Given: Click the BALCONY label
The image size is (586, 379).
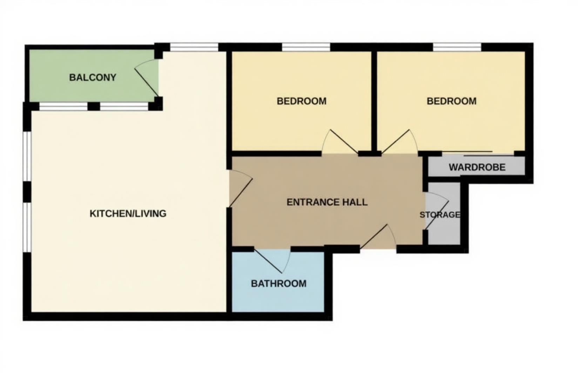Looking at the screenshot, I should (93, 78).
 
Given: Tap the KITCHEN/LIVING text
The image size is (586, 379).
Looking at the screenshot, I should (128, 213).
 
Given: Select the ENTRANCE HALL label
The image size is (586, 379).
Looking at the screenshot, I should (327, 202).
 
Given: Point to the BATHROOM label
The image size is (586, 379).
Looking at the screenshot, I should (278, 284).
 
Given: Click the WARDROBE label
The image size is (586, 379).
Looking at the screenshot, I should (477, 167).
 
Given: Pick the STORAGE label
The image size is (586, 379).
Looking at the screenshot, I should (440, 214).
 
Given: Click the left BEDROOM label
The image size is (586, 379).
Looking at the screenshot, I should (302, 101).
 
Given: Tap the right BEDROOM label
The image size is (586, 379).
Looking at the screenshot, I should (451, 101).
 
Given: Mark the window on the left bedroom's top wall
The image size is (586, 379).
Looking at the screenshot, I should (306, 47).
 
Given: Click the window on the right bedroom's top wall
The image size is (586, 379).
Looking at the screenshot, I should (457, 47).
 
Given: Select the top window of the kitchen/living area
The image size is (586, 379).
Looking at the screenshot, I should (194, 47).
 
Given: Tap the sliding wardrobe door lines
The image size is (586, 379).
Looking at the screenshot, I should (478, 153).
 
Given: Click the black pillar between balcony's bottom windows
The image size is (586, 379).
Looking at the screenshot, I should (94, 106).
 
